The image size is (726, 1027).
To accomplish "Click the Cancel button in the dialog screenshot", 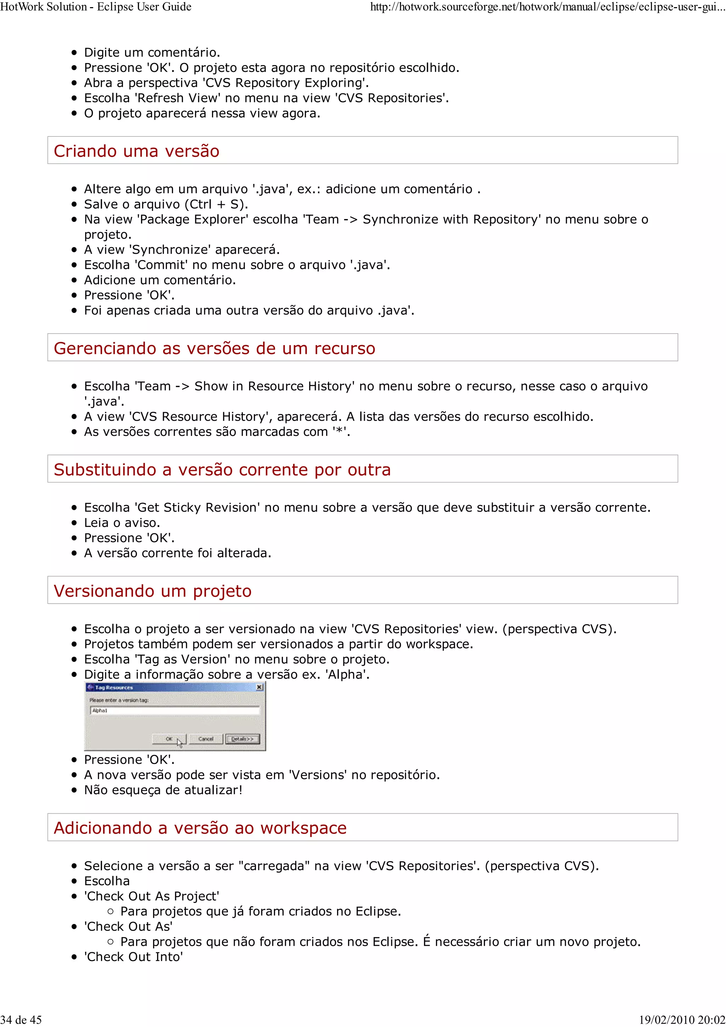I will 205,739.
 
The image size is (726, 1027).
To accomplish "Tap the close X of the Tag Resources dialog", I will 259,687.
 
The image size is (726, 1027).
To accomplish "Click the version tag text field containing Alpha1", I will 174,710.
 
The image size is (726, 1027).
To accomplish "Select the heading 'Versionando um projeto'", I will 152,591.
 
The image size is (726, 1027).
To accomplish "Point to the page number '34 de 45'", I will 21,1020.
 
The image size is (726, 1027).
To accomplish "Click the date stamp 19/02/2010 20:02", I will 682,1020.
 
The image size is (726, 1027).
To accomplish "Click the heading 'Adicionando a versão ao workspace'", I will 200,828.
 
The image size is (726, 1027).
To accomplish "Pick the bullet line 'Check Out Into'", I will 133,957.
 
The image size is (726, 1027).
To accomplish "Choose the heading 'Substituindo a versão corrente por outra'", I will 222,470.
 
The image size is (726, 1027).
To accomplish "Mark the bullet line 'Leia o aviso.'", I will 122,523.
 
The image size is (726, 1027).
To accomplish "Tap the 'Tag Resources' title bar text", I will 114,688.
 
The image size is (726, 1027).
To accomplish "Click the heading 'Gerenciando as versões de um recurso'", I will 214,348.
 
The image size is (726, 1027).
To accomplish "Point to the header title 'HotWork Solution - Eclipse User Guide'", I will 96,7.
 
